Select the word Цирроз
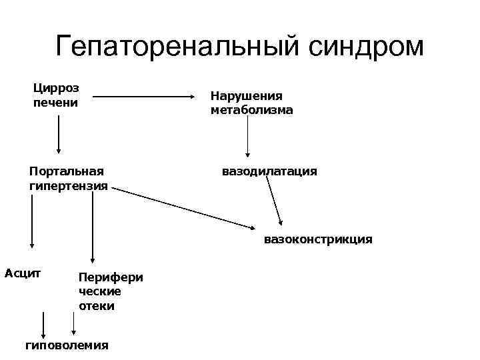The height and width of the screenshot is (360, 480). [55, 88]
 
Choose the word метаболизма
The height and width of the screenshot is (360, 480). [251, 110]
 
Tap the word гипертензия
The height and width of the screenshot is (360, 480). [69, 185]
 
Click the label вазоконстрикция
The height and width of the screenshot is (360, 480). [318, 239]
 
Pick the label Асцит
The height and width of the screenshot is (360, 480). [23, 273]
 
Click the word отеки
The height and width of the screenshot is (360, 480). [97, 306]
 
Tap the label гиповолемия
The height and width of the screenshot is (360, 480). [67, 345]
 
